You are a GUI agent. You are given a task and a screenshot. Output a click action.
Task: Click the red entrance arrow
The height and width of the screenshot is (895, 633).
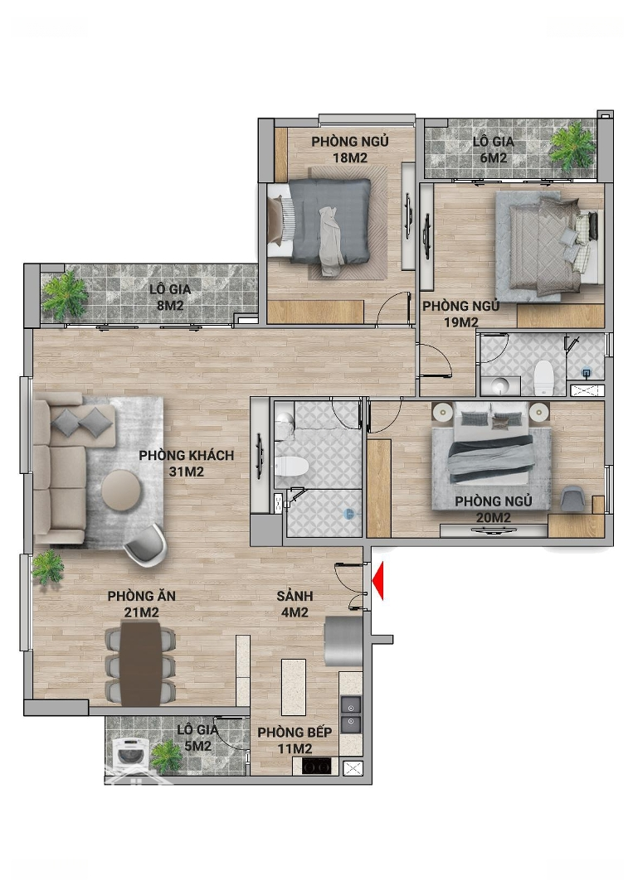[377, 581]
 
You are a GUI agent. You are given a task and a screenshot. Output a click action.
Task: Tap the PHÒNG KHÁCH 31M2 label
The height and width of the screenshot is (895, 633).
[187, 463]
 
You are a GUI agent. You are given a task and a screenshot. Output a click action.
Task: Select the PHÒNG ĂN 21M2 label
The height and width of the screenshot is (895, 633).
[142, 604]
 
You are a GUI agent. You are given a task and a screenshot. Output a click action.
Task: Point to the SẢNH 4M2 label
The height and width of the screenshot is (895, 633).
[295, 604]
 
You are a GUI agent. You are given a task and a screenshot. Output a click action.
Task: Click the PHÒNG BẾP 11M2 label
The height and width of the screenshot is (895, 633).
[295, 740]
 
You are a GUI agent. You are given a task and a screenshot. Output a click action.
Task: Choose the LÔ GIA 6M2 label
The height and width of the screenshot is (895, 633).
[493, 149]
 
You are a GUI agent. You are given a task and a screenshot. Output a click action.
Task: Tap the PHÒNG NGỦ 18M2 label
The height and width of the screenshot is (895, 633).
[350, 149]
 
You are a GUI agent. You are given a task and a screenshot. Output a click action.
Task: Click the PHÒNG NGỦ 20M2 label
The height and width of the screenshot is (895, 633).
[494, 509]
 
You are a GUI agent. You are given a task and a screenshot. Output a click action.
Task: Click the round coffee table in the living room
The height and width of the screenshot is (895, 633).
[122, 489]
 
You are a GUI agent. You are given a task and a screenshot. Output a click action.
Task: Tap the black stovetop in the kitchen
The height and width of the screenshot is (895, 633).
[317, 766]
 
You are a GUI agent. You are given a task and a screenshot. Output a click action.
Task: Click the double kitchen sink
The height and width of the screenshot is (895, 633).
[351, 714]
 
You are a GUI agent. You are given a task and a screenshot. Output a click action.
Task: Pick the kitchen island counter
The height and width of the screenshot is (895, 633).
[294, 687]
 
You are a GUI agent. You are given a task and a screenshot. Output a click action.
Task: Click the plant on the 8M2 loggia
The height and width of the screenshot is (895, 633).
[66, 293]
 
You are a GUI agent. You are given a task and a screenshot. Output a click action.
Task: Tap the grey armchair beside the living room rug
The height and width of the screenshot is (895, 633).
[145, 545]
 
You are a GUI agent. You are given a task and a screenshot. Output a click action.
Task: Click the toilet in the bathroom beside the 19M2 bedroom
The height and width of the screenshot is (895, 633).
[543, 377]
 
